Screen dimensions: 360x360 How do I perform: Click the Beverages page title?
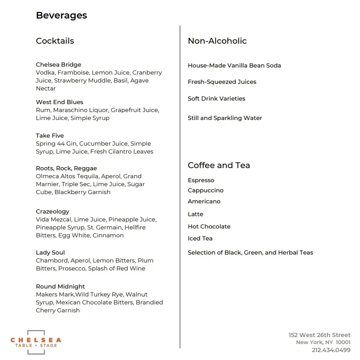tap(61, 15)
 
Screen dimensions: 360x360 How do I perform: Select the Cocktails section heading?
tap(55, 41)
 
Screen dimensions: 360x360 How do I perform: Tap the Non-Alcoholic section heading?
tap(217, 41)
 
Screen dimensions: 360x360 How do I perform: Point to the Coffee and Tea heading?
tap(219, 165)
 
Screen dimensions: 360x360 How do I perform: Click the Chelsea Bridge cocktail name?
tap(58, 65)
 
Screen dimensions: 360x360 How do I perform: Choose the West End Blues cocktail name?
tap(60, 102)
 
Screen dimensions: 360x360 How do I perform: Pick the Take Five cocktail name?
tap(50, 136)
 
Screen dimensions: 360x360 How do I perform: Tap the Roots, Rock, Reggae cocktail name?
tap(66, 169)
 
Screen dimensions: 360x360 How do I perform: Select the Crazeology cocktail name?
tap(52, 212)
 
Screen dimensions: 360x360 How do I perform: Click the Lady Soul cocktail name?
tap(50, 253)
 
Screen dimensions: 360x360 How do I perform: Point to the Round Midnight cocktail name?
tap(60, 287)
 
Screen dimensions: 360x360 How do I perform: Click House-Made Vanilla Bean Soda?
tap(234, 66)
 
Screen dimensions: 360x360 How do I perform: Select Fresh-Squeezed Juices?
tap(222, 82)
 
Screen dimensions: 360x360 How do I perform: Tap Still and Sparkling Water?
tap(225, 118)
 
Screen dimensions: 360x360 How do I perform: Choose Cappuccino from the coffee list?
tap(206, 191)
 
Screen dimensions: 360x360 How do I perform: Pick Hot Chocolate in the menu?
tap(209, 227)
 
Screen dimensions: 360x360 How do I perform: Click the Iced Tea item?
tap(200, 239)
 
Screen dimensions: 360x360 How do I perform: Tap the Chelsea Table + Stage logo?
tap(36, 342)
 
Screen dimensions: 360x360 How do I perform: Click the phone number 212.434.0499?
tap(331, 350)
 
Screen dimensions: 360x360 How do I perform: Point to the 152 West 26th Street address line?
tap(319, 335)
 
